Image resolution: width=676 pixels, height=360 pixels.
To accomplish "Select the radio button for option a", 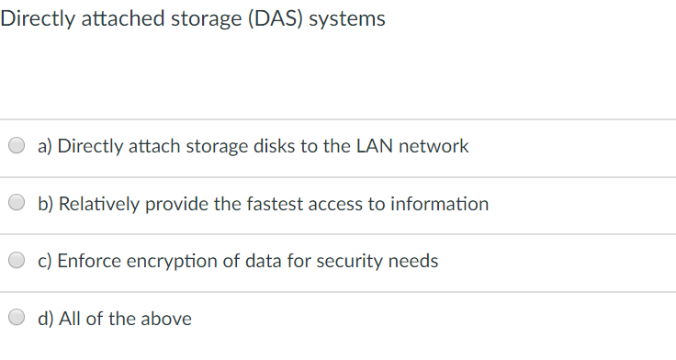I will point(17,146).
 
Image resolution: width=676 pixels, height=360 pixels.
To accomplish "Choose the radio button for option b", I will point(17,204).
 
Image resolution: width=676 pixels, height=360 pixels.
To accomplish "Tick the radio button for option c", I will point(17,261).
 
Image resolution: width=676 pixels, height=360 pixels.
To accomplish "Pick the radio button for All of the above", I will point(17,319).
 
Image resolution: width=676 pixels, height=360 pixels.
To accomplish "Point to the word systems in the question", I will point(347,19).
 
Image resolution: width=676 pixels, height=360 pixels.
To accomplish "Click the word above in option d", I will point(166,319).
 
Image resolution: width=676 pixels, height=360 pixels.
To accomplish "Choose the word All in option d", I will point(69,319).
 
